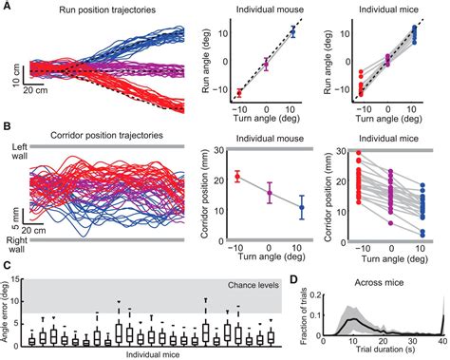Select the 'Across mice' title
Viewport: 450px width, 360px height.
point(376,282)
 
